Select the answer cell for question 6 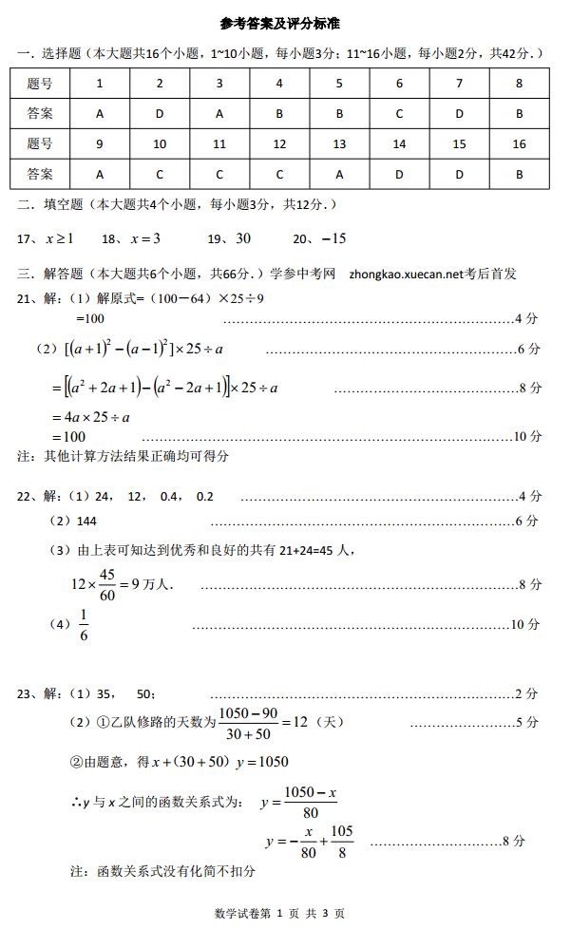(x=399, y=114)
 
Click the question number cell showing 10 (x=160, y=144)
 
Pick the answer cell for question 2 (x=160, y=114)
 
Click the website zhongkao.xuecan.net (x=406, y=274)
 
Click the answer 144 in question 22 (x=86, y=521)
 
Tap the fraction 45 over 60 (x=105, y=584)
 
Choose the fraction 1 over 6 (x=84, y=626)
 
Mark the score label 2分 (x=526, y=694)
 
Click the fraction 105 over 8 (x=341, y=841)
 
